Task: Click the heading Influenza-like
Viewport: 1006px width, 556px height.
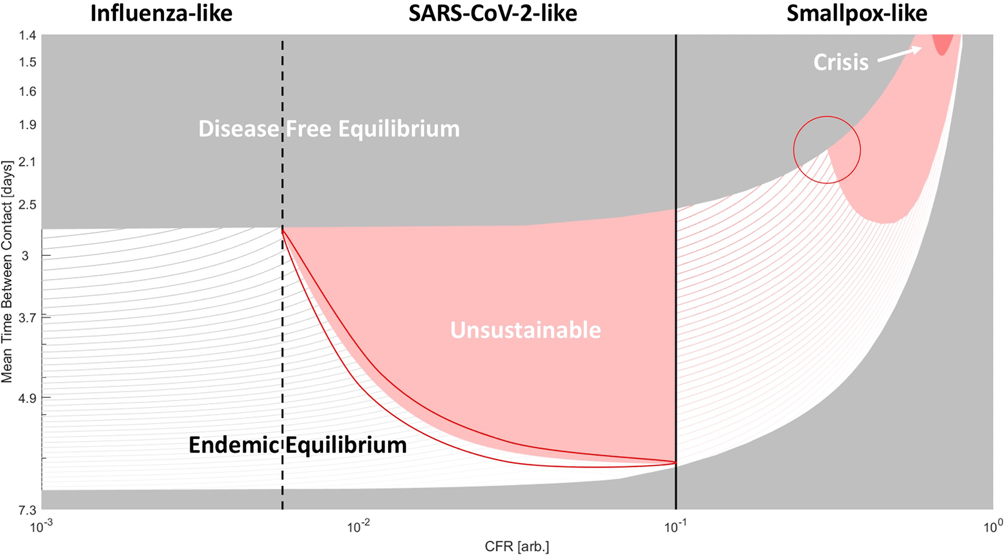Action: click(161, 14)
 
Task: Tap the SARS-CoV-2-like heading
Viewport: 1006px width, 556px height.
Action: click(492, 14)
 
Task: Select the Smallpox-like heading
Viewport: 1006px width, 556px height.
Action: click(856, 14)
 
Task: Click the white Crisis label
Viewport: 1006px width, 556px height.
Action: click(841, 62)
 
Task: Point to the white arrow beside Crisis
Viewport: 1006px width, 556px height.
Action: click(899, 55)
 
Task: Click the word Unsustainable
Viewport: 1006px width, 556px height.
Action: click(525, 330)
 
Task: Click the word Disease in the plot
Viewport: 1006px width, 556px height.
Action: click(238, 129)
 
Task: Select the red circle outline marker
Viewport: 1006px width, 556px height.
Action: click(827, 117)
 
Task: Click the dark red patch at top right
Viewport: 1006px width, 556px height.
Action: click(942, 44)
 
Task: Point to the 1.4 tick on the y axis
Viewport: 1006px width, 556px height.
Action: click(28, 36)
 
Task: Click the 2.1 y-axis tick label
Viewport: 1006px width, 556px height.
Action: click(28, 162)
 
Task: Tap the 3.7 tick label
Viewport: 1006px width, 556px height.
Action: click(28, 317)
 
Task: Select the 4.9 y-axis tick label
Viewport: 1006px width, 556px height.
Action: click(28, 398)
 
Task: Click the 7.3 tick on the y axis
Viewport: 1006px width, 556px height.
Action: click(28, 510)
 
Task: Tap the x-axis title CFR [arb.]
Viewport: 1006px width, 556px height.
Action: click(516, 547)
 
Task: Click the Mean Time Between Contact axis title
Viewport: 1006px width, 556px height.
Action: click(7, 270)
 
